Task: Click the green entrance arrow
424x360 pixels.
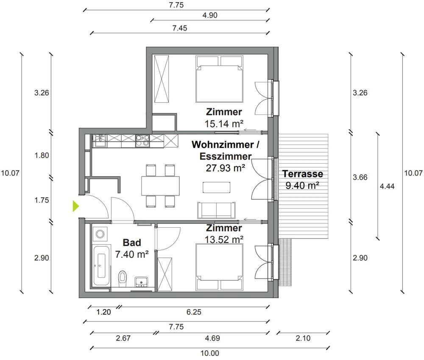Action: click(76, 206)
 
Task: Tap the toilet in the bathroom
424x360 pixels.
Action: click(123, 279)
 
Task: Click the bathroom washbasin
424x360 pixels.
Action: click(141, 282)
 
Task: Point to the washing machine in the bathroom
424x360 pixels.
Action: click(100, 234)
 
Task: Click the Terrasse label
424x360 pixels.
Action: click(303, 174)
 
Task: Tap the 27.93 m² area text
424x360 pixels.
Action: click(226, 168)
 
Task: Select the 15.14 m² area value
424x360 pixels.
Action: click(224, 124)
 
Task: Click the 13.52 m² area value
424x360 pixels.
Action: click(224, 240)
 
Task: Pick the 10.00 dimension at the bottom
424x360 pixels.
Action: click(210, 353)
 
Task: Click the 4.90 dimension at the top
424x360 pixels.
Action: click(210, 15)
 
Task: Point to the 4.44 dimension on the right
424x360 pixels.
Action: click(387, 186)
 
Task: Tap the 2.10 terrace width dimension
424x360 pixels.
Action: click(303, 338)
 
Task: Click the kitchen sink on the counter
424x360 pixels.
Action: click(100, 141)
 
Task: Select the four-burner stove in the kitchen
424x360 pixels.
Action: click(142, 141)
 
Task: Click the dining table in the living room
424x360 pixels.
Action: click(160, 186)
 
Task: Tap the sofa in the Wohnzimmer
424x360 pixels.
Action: click(216, 210)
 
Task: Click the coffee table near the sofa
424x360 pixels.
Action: click(217, 187)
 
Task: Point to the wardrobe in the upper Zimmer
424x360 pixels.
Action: click(162, 79)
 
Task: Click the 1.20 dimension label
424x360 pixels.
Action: click(103, 312)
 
